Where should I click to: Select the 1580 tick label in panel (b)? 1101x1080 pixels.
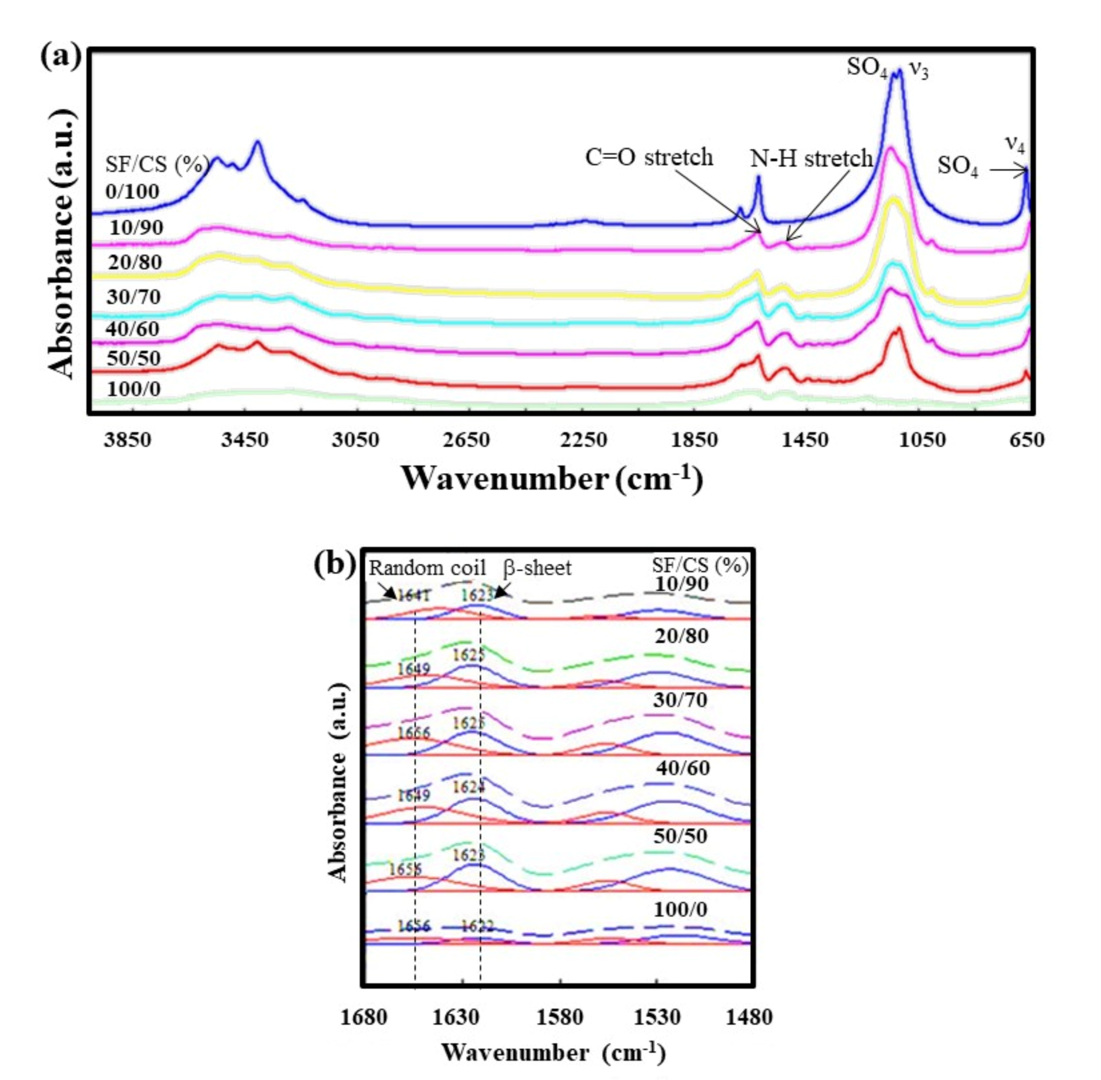(x=560, y=1017)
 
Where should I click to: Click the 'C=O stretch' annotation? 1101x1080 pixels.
(x=649, y=157)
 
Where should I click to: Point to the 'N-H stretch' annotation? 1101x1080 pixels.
(x=811, y=158)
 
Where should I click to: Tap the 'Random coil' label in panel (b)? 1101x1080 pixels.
(x=428, y=568)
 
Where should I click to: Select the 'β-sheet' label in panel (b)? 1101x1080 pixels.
(x=537, y=568)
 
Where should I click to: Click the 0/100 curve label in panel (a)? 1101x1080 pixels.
(x=132, y=192)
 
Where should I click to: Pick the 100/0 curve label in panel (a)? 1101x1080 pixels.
(x=134, y=389)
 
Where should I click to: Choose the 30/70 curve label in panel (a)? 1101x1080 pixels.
(x=134, y=297)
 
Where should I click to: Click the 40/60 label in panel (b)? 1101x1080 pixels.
(x=683, y=768)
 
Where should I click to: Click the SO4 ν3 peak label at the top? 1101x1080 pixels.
(x=887, y=68)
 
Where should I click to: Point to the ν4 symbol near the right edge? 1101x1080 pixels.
(x=1015, y=144)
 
